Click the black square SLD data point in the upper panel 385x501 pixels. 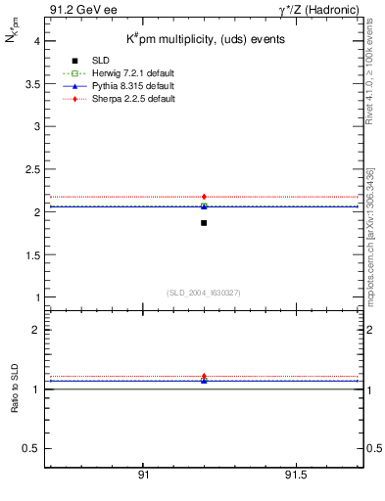[204, 223]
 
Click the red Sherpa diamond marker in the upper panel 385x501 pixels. [204, 197]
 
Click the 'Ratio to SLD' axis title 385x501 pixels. [15, 389]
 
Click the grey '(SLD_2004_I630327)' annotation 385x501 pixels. [204, 293]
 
